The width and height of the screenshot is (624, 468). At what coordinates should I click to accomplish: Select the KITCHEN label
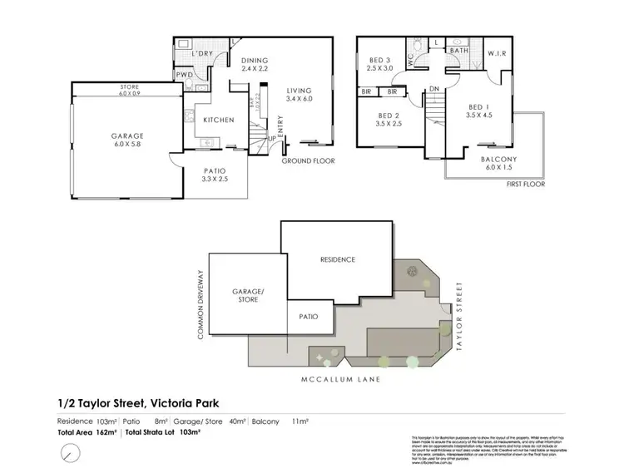pos(219,120)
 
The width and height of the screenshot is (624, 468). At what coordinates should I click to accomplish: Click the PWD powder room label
pos(184,75)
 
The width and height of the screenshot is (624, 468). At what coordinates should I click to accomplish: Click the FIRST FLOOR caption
pos(525,185)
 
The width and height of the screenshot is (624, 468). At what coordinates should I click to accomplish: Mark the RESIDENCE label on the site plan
pos(337,259)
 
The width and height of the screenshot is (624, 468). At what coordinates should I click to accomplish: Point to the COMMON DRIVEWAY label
pos(201,304)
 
